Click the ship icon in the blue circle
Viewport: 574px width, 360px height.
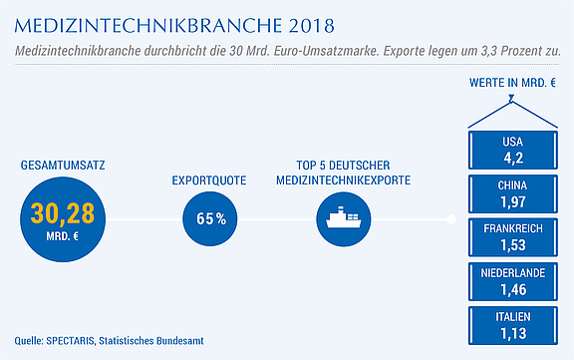344,217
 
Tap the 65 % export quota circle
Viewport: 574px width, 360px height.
209,219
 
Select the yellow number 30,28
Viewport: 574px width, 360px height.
63,213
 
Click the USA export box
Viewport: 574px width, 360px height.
513,151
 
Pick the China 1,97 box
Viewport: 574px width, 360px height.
513,194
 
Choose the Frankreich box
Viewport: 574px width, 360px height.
513,237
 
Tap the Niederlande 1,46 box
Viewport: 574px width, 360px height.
513,281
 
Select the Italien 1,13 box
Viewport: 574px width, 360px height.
513,325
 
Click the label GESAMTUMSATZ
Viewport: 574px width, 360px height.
63,166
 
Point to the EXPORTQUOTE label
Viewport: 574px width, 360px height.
209,180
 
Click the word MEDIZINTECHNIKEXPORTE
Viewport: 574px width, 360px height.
344,180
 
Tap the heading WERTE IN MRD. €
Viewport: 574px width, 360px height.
512,83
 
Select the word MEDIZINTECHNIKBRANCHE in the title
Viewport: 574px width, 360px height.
148,26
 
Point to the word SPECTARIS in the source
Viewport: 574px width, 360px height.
71,341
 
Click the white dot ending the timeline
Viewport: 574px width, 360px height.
451,219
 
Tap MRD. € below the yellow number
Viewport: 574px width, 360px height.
62,236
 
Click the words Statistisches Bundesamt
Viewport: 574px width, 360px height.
151,341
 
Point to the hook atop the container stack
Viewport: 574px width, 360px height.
511,99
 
